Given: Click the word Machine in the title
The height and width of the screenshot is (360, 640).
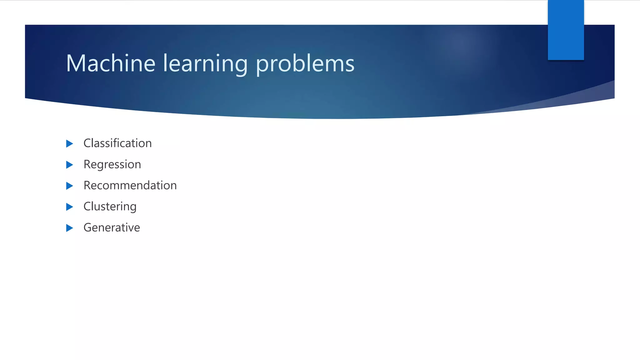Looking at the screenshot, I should (111, 63).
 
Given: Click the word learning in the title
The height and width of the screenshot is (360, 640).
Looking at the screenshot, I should (205, 64).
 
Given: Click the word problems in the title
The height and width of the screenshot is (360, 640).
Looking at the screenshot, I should (305, 64).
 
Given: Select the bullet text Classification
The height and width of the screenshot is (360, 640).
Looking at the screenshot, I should (117, 143).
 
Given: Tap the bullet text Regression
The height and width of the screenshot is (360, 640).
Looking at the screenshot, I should (112, 164).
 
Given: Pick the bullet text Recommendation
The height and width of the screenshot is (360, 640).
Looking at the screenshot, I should (130, 185).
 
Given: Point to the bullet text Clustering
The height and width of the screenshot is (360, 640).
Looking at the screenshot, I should (110, 207).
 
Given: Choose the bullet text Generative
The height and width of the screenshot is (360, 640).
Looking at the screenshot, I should (112, 227).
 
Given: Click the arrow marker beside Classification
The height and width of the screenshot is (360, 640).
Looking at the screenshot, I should (69, 143).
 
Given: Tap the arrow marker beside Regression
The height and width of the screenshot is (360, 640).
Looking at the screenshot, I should (69, 165).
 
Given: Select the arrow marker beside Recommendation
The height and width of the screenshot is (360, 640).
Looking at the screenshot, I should (69, 186).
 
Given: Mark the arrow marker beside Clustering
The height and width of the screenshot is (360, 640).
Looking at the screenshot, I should (69, 207).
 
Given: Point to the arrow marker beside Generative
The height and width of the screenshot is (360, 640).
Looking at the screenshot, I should (69, 228).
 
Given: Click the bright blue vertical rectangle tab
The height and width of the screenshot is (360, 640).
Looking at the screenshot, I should (566, 30).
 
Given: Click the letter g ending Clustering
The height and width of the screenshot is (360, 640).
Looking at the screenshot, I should (132, 207).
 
